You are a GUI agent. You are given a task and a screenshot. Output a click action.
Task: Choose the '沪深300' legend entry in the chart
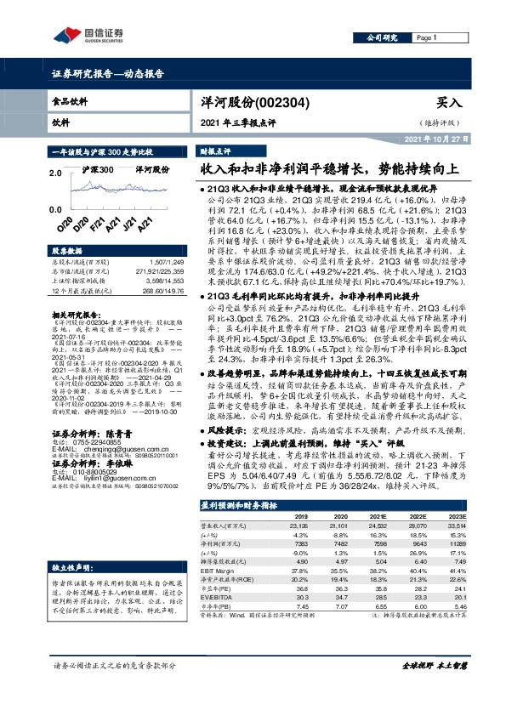click(99, 170)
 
